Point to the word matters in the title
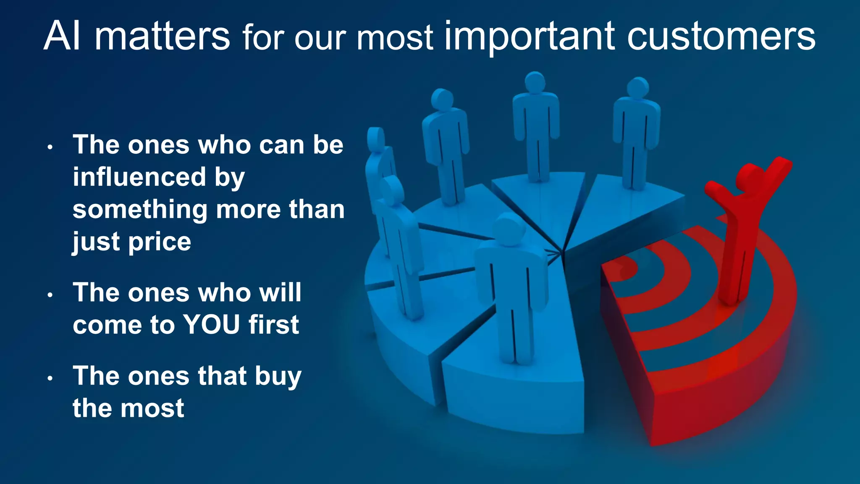162,36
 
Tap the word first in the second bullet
273,324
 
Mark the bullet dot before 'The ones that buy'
50,379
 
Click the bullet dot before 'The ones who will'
50,295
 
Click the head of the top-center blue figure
535,82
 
